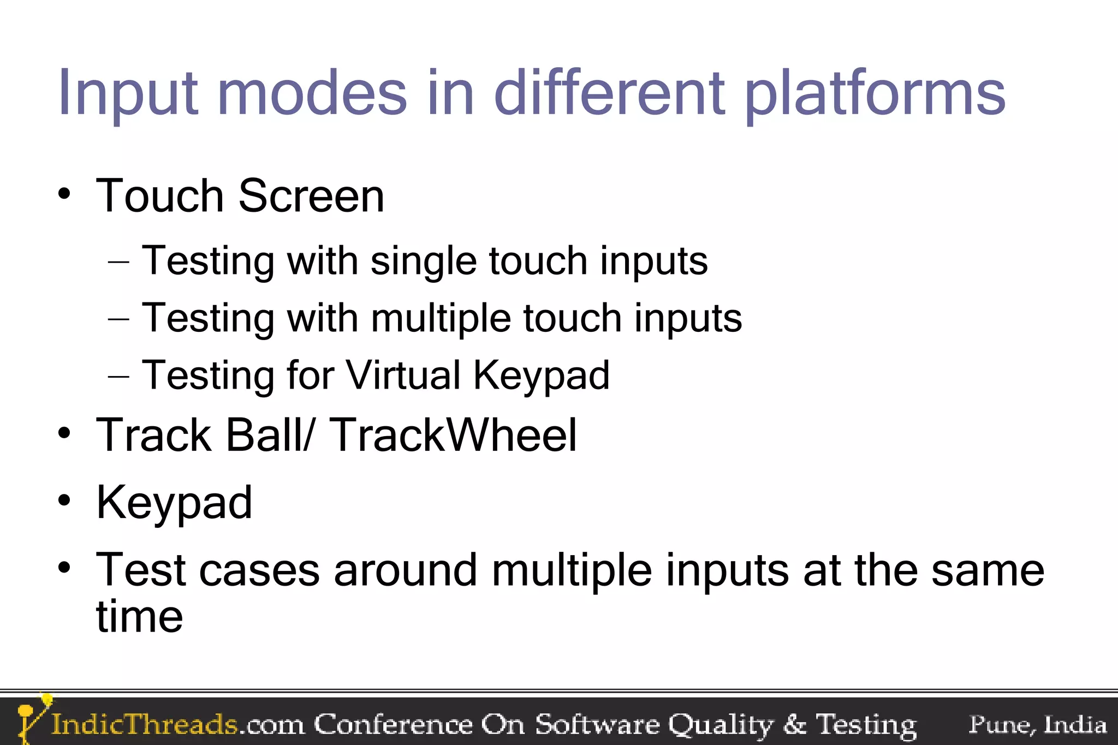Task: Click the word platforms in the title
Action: (x=875, y=94)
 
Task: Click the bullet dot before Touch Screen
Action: (x=64, y=194)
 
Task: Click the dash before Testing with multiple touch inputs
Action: (x=118, y=319)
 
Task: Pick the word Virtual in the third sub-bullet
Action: (x=403, y=376)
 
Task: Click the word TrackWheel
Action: (x=453, y=435)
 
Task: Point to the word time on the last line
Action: (x=139, y=617)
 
